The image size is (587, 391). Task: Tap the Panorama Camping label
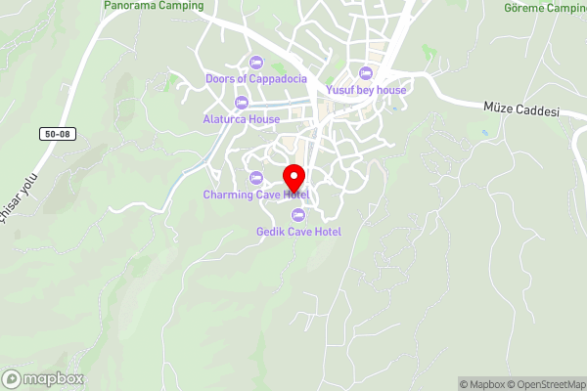[x=154, y=6]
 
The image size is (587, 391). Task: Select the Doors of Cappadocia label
[x=256, y=78]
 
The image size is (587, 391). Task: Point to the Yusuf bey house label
[x=366, y=90]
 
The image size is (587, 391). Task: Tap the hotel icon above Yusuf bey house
[x=366, y=73]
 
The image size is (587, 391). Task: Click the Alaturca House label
[x=242, y=119]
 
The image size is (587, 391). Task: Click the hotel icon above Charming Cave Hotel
[x=256, y=177]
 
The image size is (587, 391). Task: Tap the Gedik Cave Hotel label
[x=298, y=232]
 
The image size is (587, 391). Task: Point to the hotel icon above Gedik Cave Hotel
[x=298, y=215]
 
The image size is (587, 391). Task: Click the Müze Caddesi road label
[x=521, y=109]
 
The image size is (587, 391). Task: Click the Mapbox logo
[x=43, y=378]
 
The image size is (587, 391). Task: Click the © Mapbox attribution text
[x=481, y=384]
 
